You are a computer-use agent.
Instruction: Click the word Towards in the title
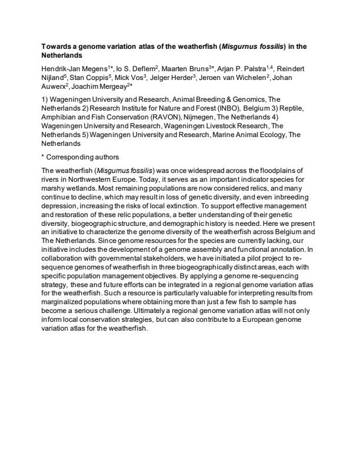click(56, 45)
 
